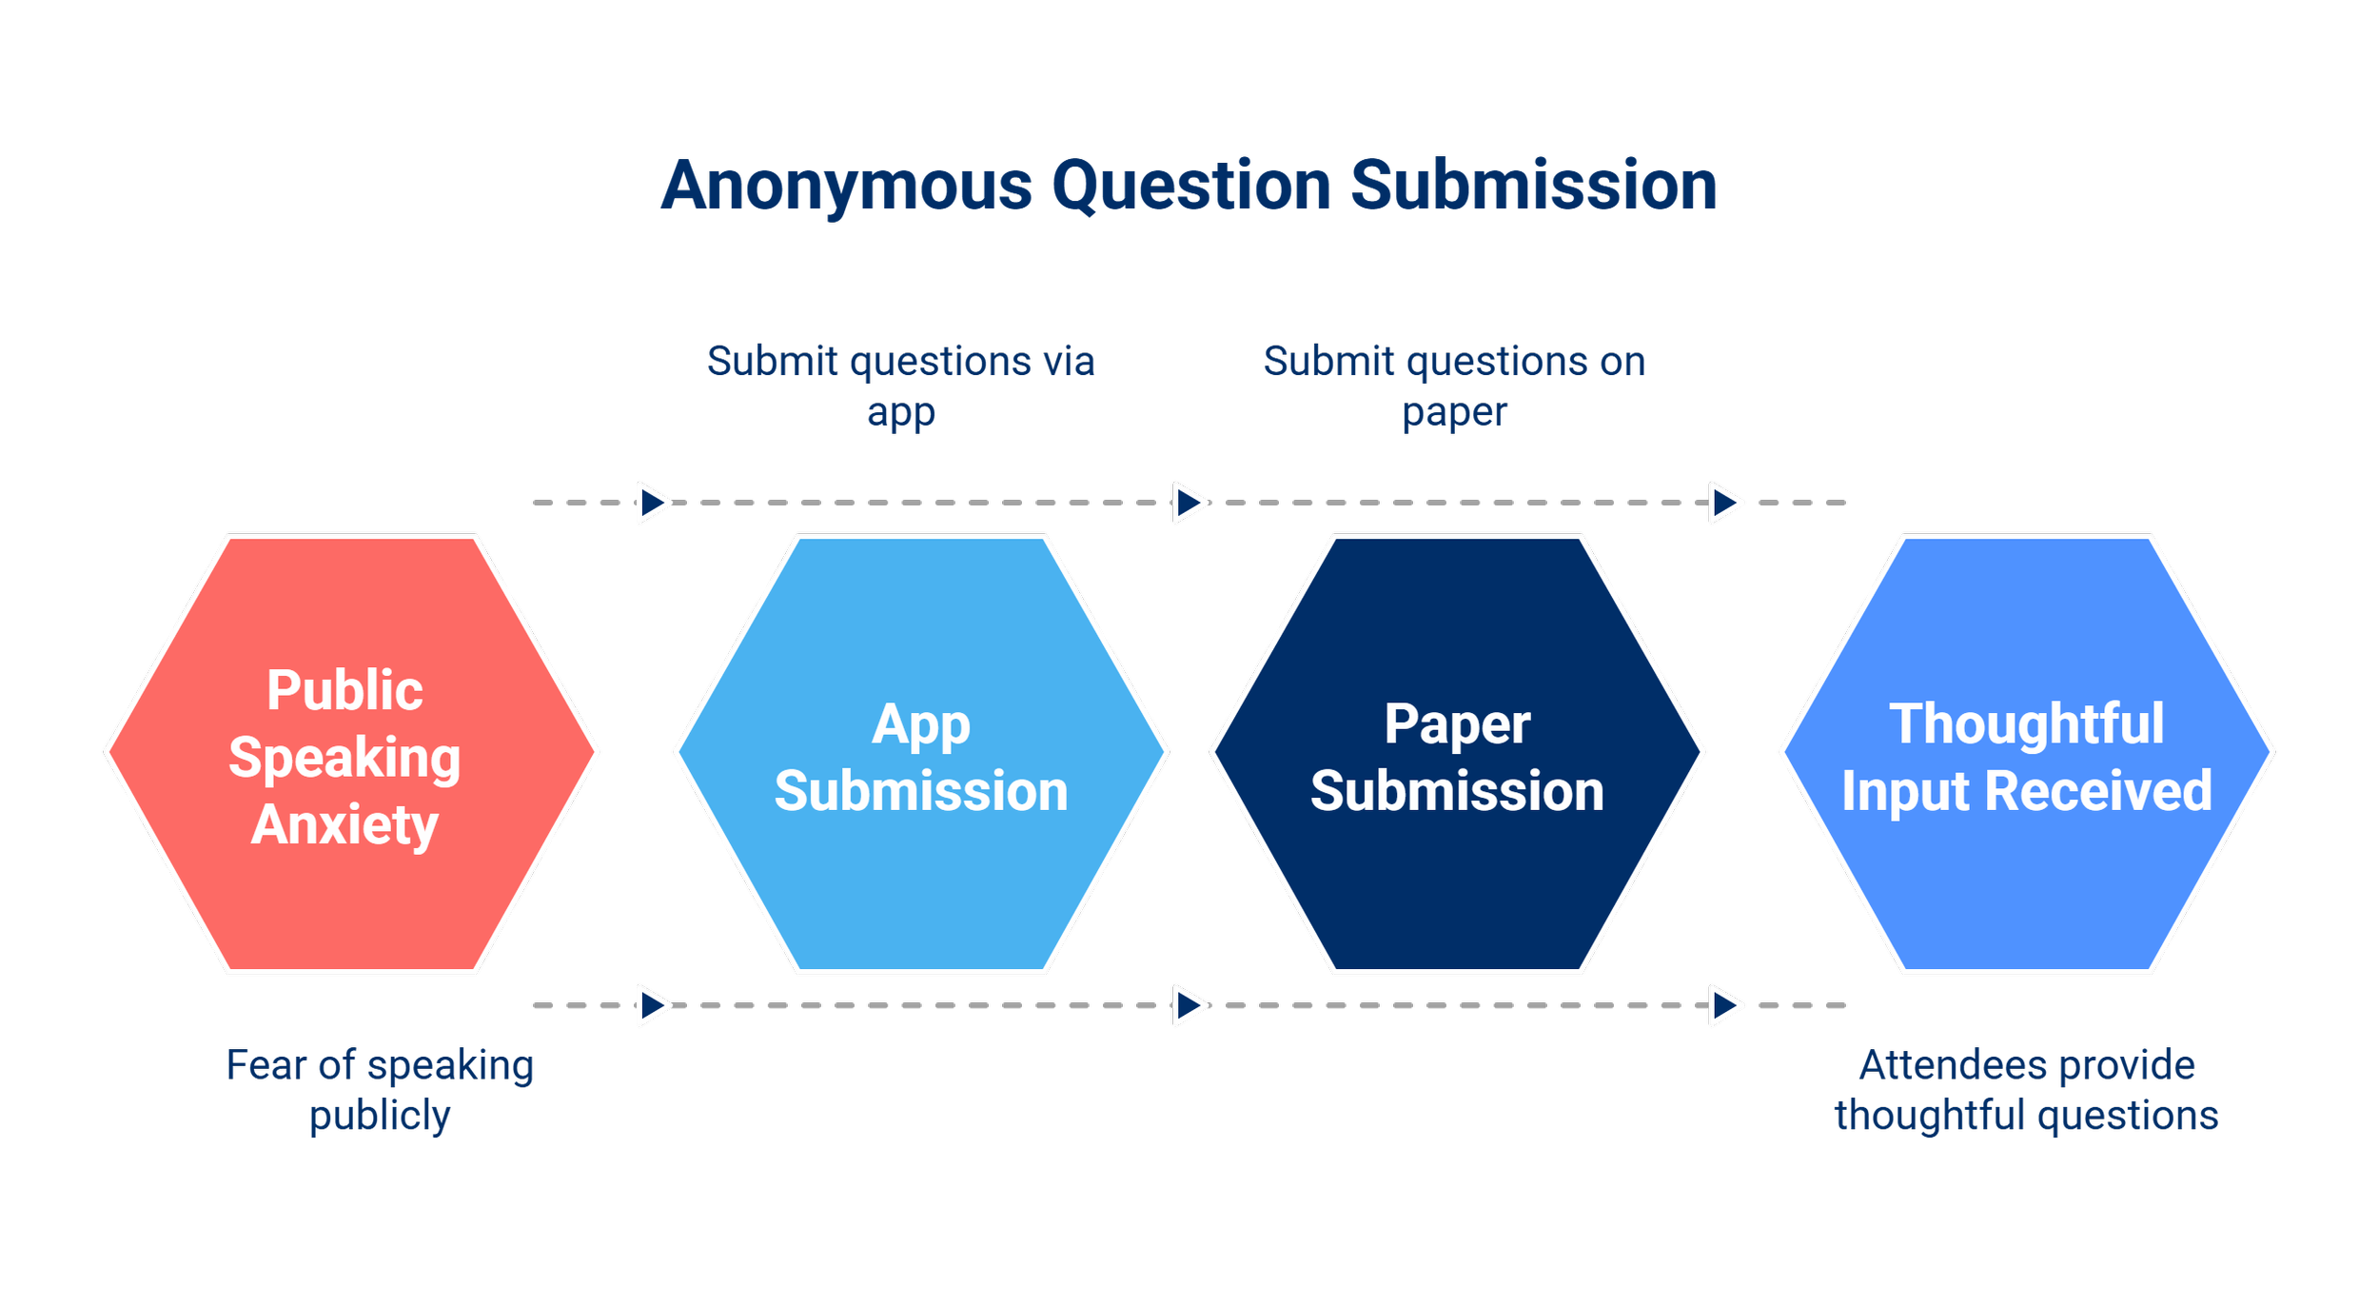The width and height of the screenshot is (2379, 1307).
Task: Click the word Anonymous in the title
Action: tap(846, 188)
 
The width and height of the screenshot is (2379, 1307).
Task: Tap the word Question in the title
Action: tap(1191, 188)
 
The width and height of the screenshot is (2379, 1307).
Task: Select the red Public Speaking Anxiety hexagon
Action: tap(351, 754)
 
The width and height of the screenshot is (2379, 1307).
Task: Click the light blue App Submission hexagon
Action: tap(921, 754)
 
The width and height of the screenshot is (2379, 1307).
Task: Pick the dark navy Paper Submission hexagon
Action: tap(1457, 754)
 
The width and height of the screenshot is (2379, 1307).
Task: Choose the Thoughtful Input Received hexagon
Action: tap(2027, 754)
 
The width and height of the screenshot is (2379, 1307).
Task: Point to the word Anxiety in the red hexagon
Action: tap(344, 825)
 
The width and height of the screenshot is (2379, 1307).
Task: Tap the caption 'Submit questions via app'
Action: tap(900, 386)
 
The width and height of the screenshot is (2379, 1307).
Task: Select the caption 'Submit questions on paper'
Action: tap(1454, 386)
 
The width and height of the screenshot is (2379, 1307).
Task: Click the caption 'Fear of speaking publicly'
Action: tap(380, 1090)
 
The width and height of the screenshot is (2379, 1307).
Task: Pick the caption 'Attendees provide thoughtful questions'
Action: tap(2026, 1090)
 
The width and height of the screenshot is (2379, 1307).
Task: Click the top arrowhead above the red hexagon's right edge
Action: tap(653, 502)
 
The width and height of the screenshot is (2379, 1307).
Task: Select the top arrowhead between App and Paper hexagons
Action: tap(1189, 502)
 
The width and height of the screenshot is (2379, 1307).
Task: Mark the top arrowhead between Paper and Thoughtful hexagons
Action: tap(1725, 502)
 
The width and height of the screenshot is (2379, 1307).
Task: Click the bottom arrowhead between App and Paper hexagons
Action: tap(1189, 1005)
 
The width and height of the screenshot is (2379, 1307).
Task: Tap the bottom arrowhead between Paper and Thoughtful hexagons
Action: tap(1725, 1005)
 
